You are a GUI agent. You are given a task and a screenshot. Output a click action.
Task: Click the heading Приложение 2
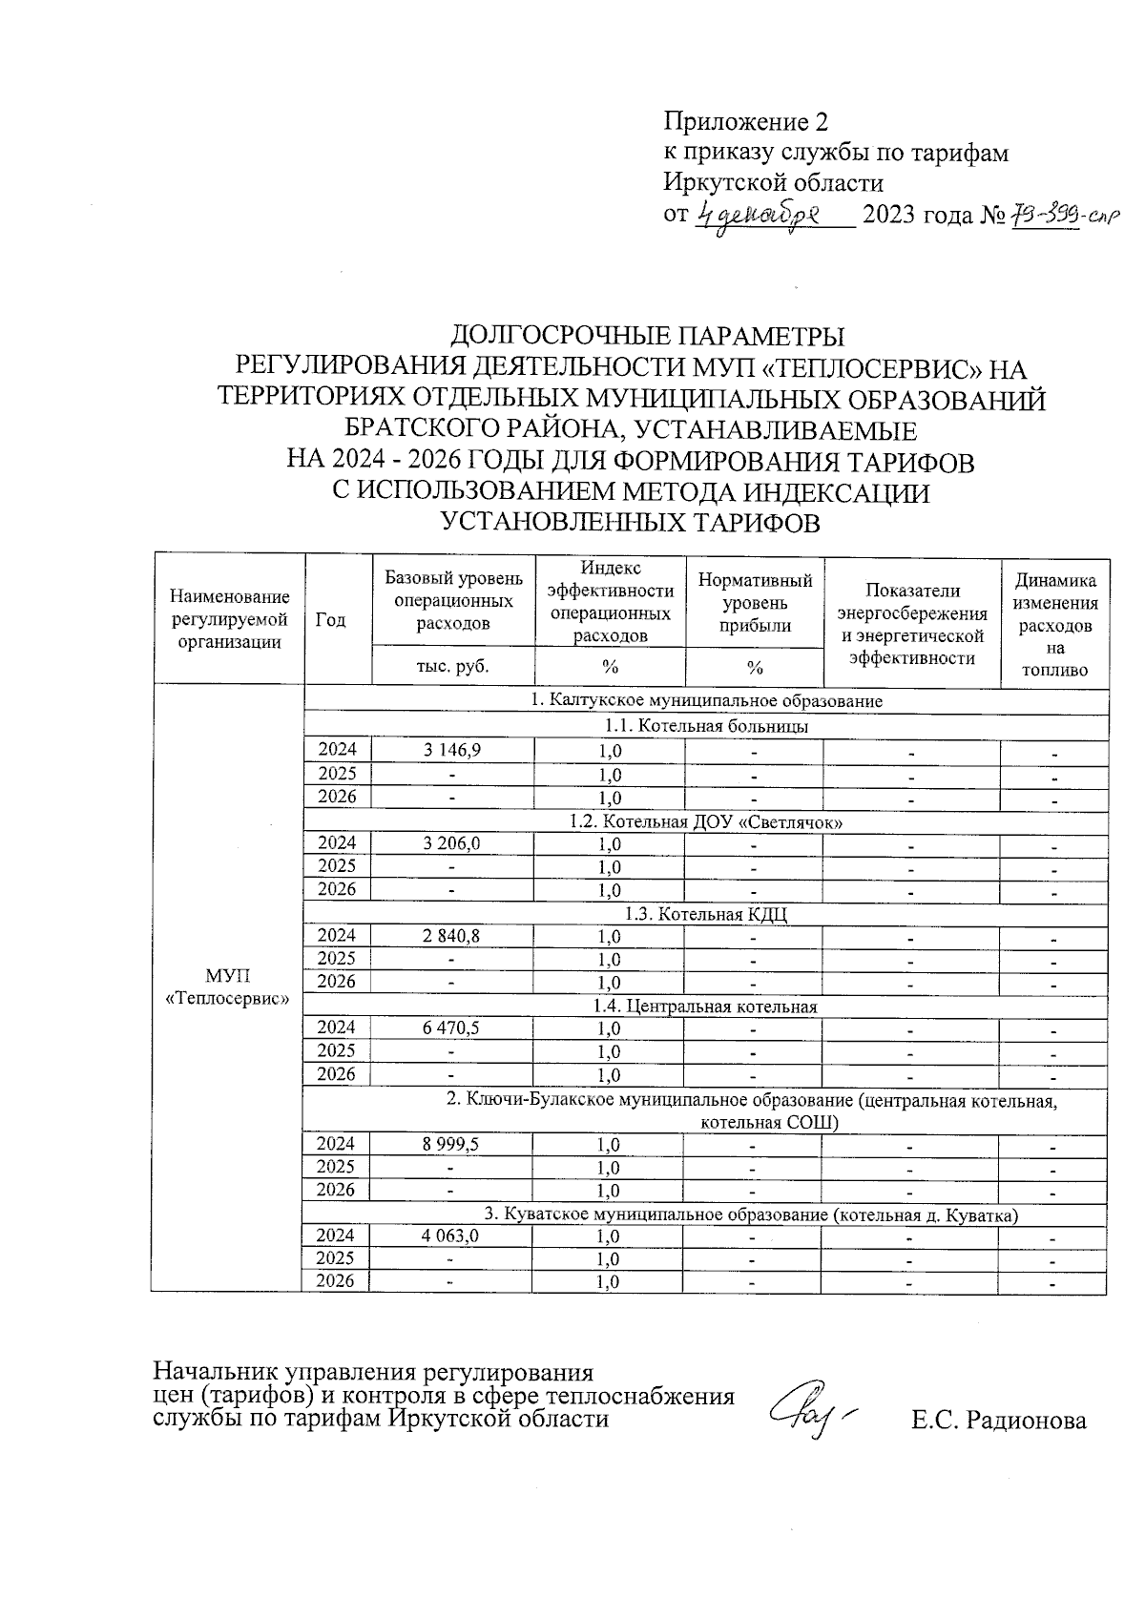[x=745, y=122]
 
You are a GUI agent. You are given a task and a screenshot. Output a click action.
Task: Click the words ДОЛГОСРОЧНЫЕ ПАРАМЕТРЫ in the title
[x=647, y=336]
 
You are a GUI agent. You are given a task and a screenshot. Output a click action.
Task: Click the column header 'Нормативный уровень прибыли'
[x=755, y=602]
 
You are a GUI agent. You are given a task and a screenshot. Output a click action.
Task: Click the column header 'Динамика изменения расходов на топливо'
[x=1054, y=625]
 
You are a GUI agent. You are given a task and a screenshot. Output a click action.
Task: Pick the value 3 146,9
[x=452, y=751]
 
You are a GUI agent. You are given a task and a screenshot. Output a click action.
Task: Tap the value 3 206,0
[x=452, y=843]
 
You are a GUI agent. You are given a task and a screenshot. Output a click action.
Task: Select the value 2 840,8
[x=452, y=936]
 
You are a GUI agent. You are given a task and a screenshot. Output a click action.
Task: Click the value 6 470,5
[x=452, y=1028]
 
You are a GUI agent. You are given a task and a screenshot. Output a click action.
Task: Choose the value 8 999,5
[x=452, y=1144]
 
